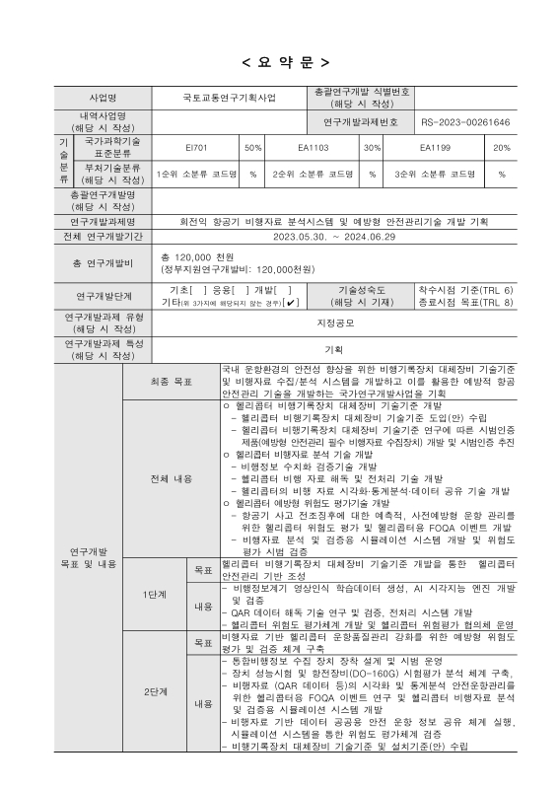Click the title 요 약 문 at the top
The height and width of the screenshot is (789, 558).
point(278,63)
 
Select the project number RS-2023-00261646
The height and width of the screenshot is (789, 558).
point(465,122)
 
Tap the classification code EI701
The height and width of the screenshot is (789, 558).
point(196,148)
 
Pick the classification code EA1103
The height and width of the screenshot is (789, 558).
point(313,148)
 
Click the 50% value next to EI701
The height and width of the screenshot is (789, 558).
point(252,148)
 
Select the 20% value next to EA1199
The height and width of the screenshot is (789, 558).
point(501,148)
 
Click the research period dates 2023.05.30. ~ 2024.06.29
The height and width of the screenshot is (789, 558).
point(334,237)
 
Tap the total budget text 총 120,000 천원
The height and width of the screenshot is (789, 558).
point(192,256)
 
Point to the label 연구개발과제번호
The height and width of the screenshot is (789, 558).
point(361,122)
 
